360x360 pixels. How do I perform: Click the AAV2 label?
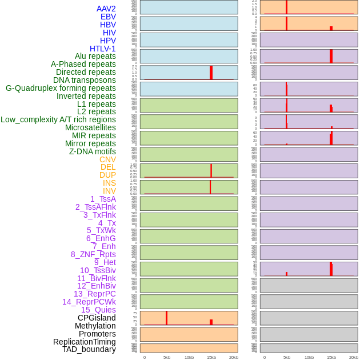click(106, 9)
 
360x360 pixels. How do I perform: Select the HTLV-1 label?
click(103, 49)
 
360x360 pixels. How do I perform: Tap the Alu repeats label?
click(95, 56)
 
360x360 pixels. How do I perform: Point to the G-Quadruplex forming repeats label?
click(61, 88)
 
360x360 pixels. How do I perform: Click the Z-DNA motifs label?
click(93, 151)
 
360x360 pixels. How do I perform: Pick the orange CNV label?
click(107, 159)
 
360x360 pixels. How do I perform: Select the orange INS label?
click(109, 183)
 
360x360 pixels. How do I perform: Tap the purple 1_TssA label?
click(103, 199)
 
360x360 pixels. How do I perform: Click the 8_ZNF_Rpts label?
click(93, 254)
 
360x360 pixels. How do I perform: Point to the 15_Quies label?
click(98, 310)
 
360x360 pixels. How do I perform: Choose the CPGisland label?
click(97, 318)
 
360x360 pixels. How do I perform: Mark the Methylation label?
click(95, 326)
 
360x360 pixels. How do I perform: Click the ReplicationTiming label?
click(84, 342)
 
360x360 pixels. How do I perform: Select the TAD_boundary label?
click(89, 349)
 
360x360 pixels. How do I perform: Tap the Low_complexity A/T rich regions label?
click(58, 119)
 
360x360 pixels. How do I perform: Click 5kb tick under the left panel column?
click(167, 357)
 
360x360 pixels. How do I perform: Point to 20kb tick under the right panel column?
click(354, 357)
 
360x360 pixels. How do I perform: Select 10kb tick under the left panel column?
click(189, 357)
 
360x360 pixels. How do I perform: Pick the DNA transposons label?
click(85, 80)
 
